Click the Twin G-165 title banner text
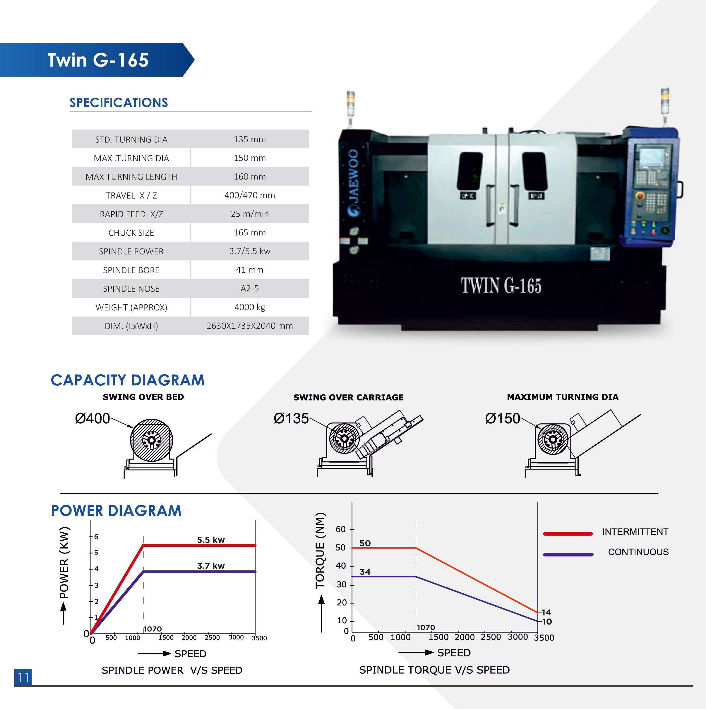[x=98, y=60]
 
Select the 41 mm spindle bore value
[x=249, y=270]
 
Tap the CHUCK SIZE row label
[x=131, y=233]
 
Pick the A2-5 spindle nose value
[x=249, y=289]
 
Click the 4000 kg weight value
[x=249, y=307]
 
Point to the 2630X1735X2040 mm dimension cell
[x=249, y=326]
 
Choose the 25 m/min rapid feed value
[x=249, y=214]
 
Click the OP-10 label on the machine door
[x=468, y=196]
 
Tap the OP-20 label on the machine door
[x=536, y=196]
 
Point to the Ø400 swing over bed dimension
[x=92, y=418]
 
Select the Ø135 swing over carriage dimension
[x=291, y=418]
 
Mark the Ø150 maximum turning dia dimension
[x=503, y=418]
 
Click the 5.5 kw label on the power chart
[x=210, y=539]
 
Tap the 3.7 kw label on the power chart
[x=210, y=565]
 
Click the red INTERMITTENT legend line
[x=568, y=534]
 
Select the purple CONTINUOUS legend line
[x=568, y=555]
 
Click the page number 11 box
[x=23, y=677]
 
